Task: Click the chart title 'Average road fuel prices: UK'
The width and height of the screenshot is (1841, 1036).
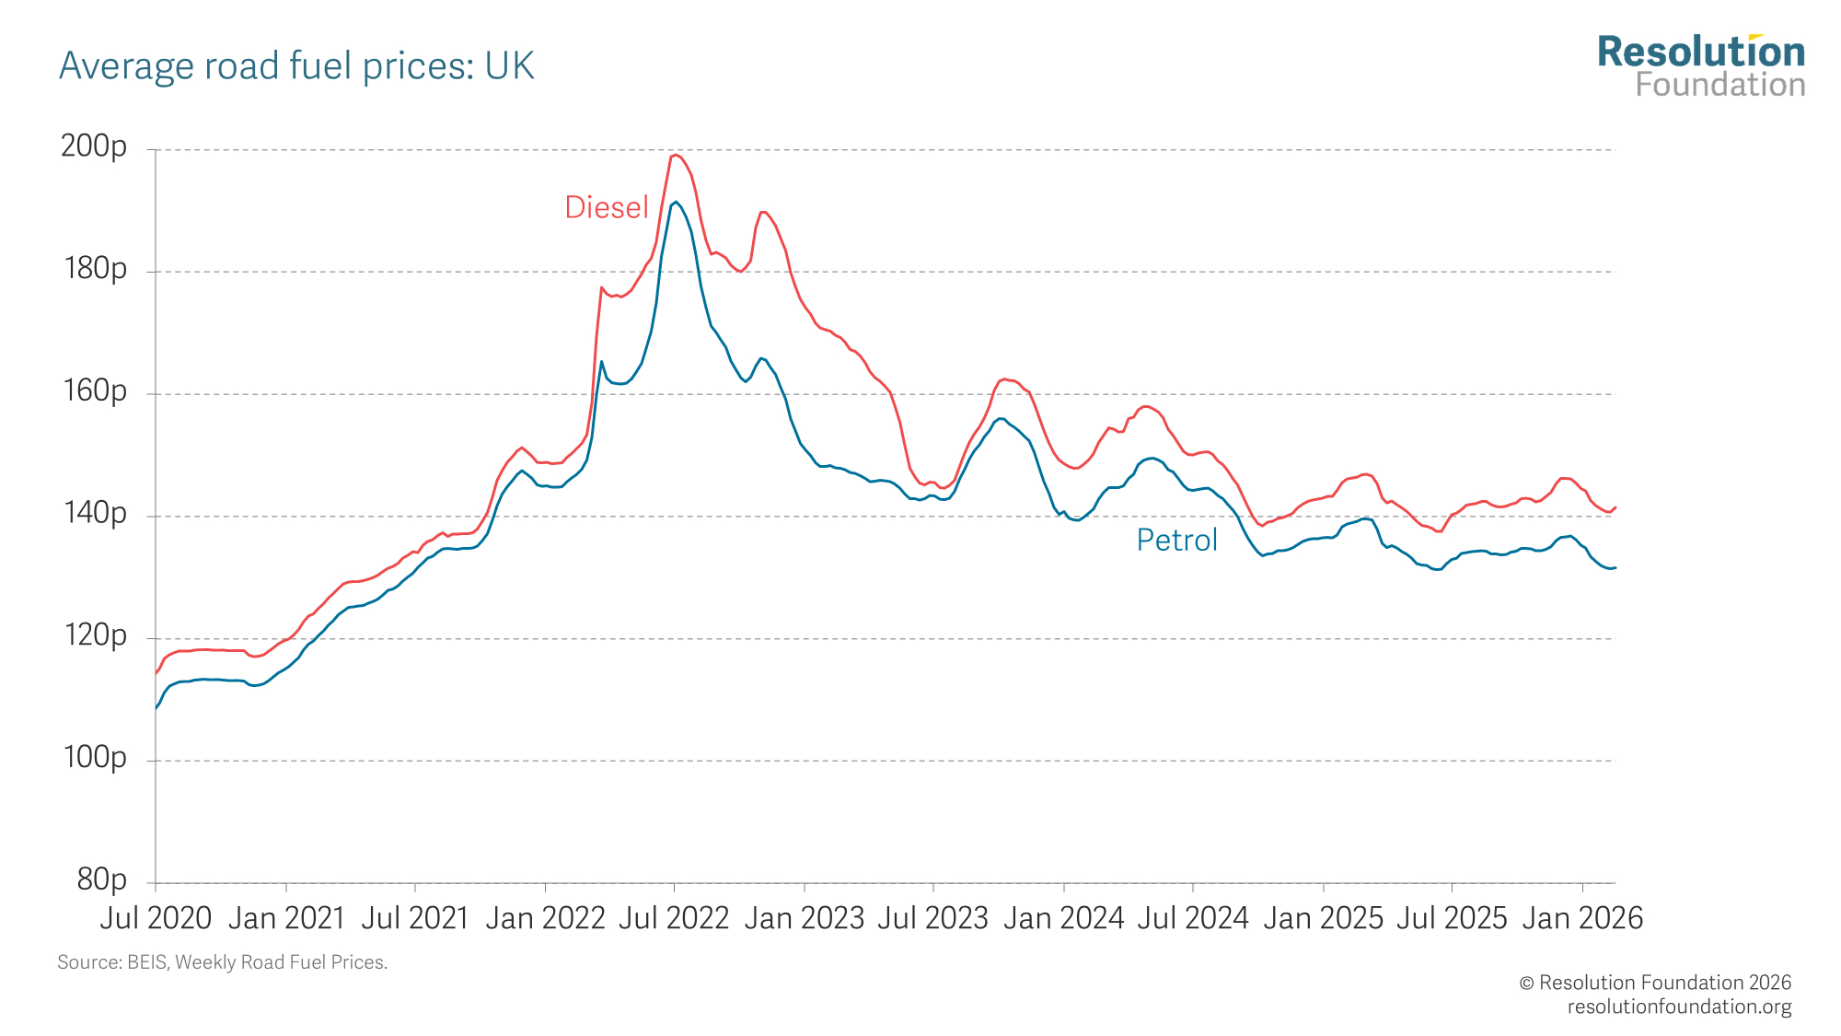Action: (296, 66)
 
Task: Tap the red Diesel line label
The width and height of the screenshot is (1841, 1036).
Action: (607, 207)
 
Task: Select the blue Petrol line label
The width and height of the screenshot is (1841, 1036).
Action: (1176, 540)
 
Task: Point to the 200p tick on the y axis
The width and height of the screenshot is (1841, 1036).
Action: (94, 146)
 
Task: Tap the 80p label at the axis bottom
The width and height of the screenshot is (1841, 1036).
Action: (102, 879)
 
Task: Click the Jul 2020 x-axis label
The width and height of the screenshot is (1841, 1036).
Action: (156, 918)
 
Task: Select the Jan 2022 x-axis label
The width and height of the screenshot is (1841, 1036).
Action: (545, 918)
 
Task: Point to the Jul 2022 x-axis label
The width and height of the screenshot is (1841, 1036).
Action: (674, 918)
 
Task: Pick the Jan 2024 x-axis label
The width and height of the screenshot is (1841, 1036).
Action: (1063, 918)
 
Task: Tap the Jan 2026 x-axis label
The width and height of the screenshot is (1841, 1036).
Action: (1582, 918)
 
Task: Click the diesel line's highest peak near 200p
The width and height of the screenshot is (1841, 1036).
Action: (675, 155)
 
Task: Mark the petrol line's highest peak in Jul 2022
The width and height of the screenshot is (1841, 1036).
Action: (676, 202)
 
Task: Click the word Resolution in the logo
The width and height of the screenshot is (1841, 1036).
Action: (1701, 52)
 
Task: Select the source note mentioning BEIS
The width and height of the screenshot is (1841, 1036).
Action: (223, 962)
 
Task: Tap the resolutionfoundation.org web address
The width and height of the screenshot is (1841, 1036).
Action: (1679, 1007)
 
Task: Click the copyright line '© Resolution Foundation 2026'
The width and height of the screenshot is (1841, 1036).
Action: (1655, 983)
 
